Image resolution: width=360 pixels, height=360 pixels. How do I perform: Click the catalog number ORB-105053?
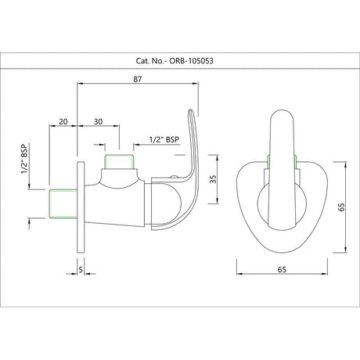[x=191, y=61]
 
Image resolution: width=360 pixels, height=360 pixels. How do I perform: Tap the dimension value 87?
[x=138, y=79]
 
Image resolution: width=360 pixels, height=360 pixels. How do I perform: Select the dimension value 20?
[x=63, y=121]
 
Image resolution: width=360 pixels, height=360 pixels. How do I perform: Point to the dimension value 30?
[x=98, y=121]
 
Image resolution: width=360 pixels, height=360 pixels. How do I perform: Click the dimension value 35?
[x=213, y=179]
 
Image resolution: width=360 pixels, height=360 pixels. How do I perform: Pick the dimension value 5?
[x=81, y=270]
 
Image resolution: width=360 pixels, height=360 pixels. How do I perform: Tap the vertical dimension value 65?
[x=341, y=207]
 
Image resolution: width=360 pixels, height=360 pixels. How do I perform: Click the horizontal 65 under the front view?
[x=282, y=269]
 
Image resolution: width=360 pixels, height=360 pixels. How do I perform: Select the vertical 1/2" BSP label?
[x=24, y=159]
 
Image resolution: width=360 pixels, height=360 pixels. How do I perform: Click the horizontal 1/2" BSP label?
[x=164, y=139]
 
